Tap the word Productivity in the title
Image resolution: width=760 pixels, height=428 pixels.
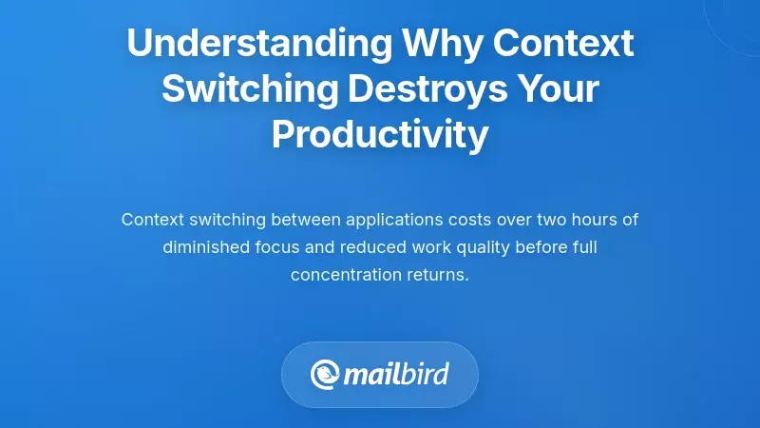[x=380, y=135]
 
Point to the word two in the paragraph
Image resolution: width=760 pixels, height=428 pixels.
[x=554, y=220]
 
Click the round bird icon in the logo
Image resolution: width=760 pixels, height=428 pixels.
[x=325, y=374]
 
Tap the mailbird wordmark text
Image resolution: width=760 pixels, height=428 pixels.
[x=397, y=373]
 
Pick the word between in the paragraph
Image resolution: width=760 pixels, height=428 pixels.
[x=306, y=220]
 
